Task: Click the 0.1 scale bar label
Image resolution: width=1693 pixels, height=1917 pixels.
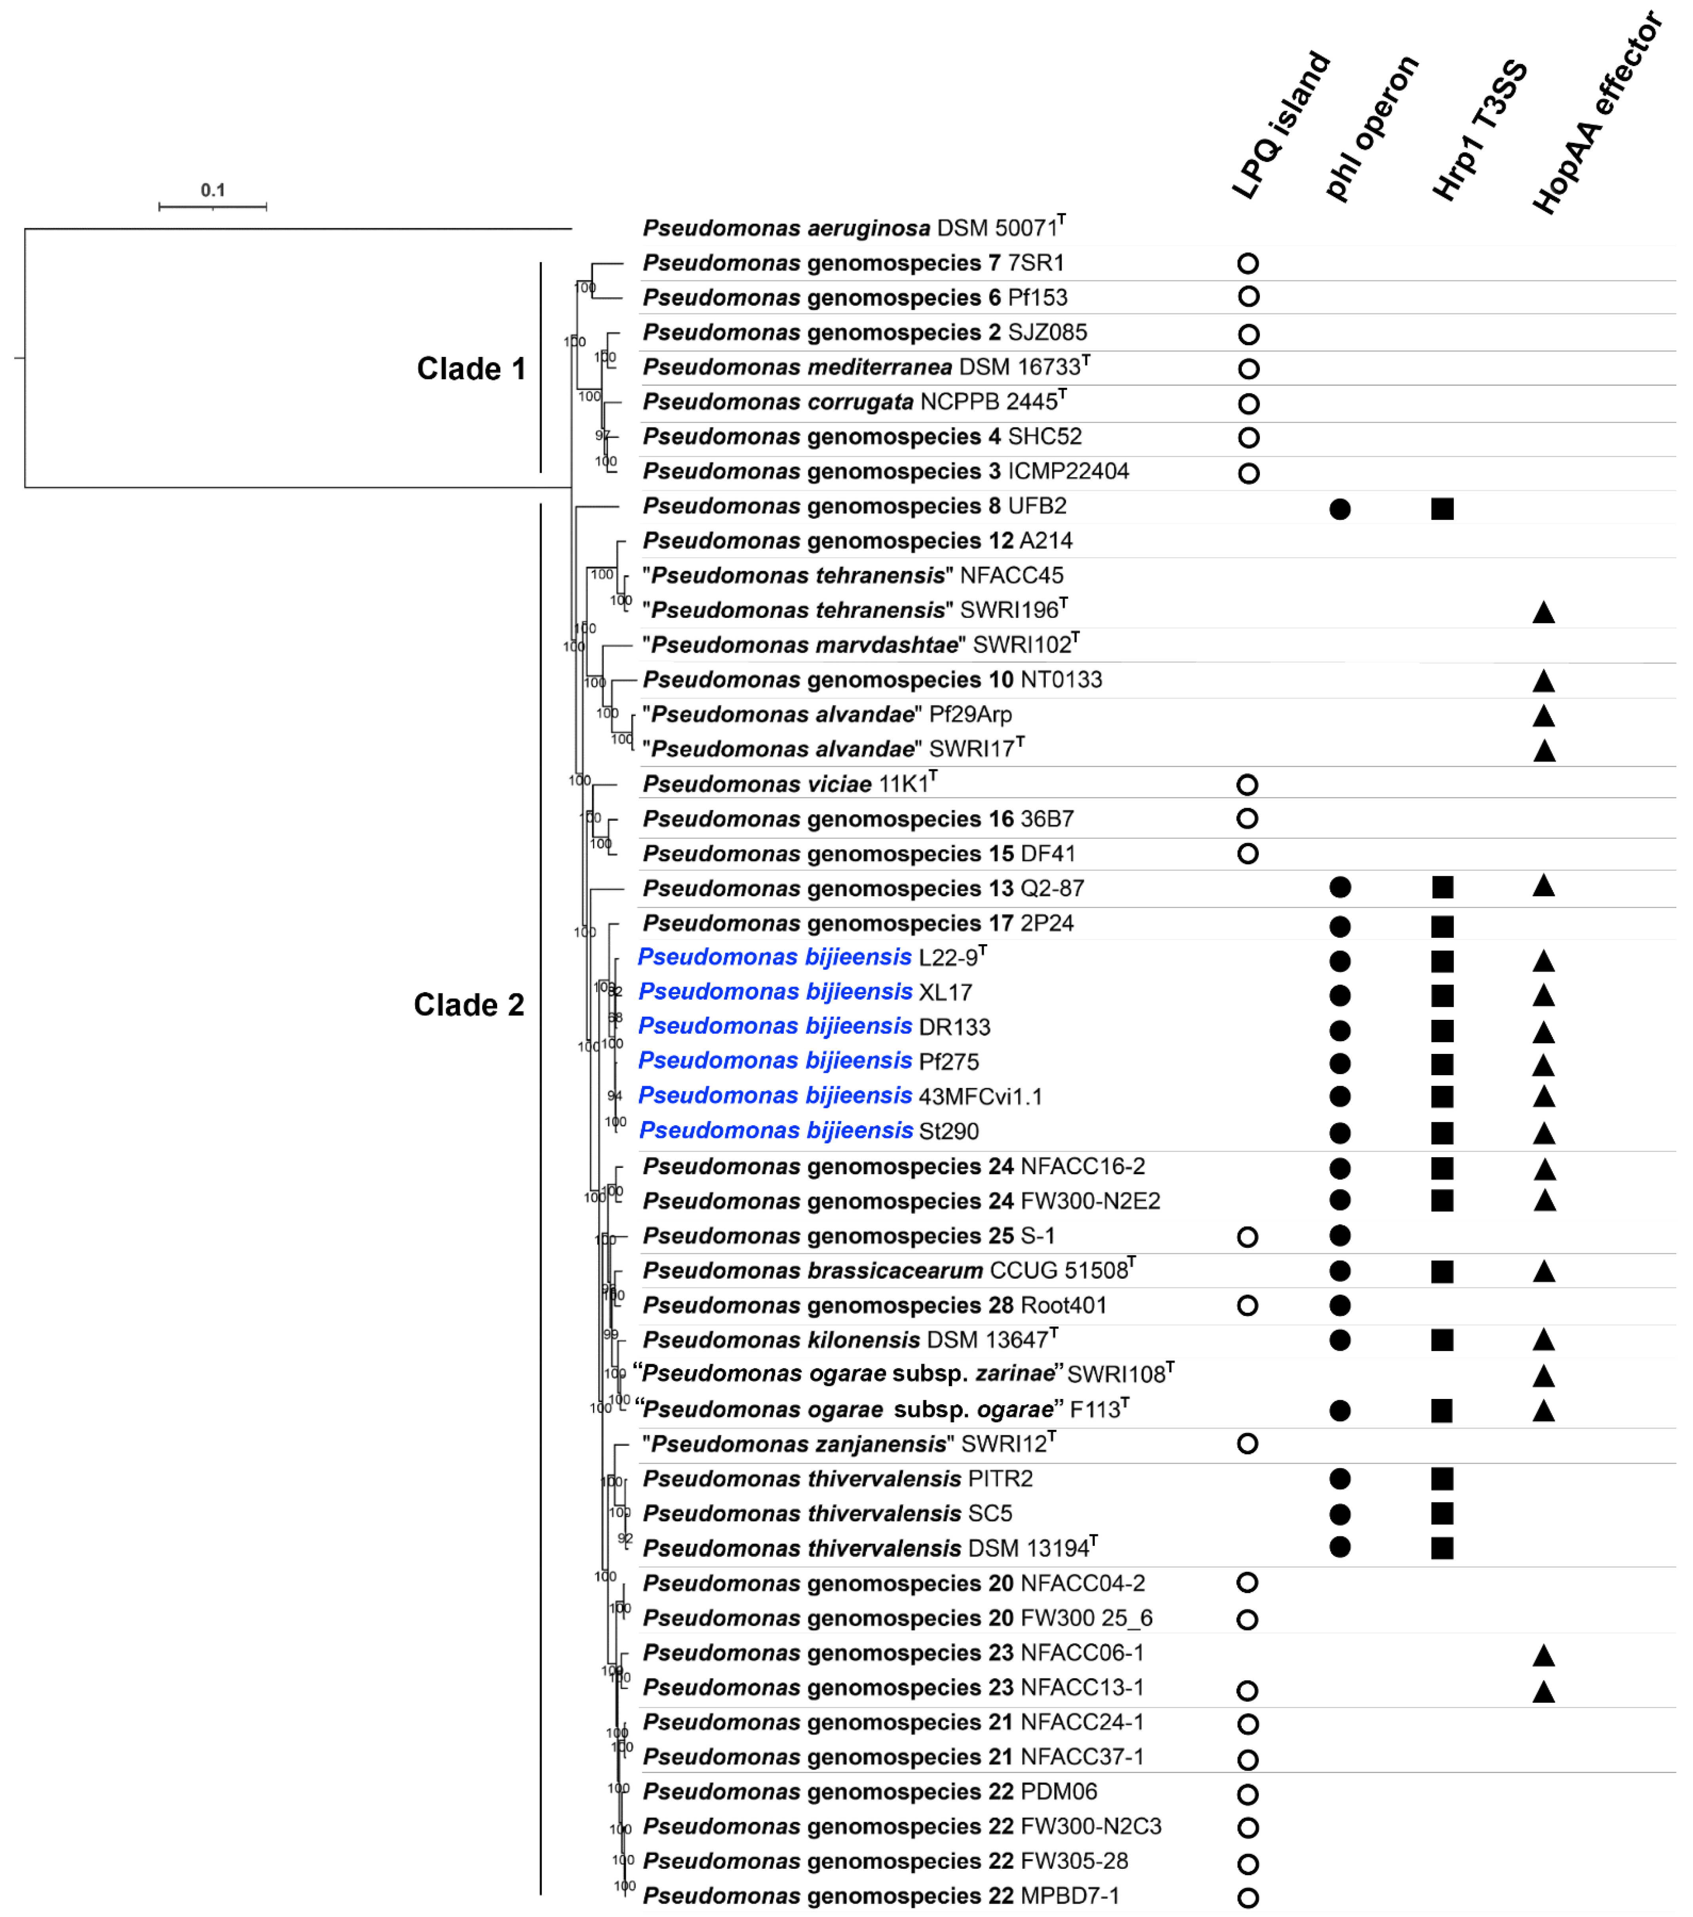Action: pos(213,190)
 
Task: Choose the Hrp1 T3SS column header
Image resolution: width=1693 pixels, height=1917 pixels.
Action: pos(1479,131)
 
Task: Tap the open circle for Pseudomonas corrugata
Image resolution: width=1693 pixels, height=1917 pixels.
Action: pos(1247,404)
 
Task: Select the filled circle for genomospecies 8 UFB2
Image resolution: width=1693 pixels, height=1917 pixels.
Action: pos(1340,509)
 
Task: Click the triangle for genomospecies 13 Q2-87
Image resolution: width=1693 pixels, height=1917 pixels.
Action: pos(1543,886)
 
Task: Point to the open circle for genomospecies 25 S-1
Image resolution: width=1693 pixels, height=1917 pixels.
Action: pos(1246,1237)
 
